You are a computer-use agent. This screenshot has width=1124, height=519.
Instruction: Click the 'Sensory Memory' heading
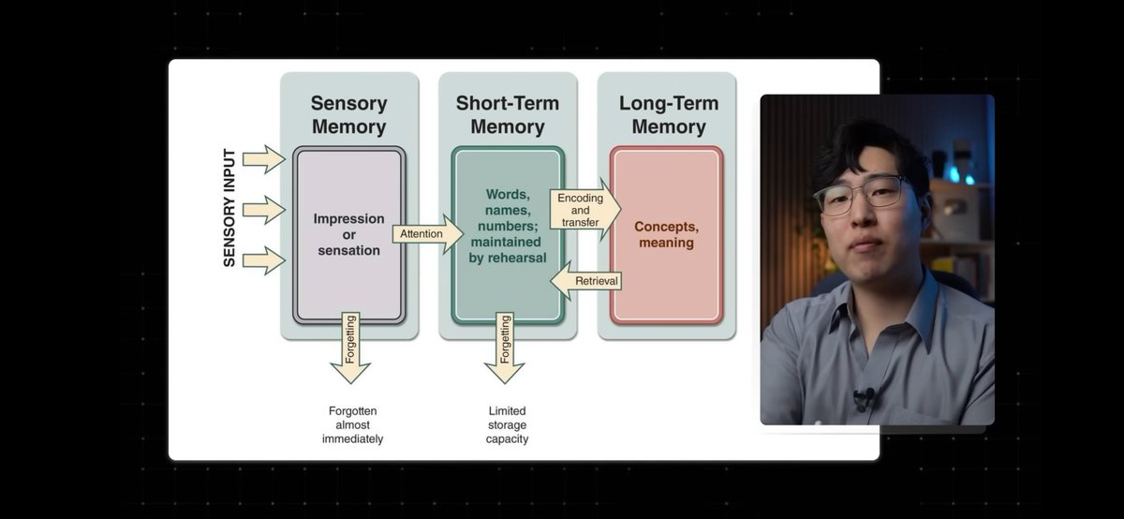click(348, 114)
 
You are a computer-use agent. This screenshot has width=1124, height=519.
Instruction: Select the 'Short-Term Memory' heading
click(508, 114)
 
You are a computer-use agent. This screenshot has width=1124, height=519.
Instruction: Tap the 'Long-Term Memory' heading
click(668, 114)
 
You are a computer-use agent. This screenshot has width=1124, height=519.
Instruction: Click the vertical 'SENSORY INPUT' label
click(229, 207)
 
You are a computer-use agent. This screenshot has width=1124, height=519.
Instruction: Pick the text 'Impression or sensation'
click(348, 234)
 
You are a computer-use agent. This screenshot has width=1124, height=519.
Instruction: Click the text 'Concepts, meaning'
click(666, 234)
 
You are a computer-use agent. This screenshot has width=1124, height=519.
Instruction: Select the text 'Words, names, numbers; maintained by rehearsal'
click(508, 226)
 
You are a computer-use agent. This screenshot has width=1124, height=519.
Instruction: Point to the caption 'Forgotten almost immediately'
click(355, 424)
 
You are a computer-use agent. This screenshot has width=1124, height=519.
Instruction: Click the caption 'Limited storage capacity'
click(507, 424)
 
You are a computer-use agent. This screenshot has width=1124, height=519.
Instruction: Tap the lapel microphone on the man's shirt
click(863, 397)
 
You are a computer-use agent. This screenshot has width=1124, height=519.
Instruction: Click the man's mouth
click(865, 245)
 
